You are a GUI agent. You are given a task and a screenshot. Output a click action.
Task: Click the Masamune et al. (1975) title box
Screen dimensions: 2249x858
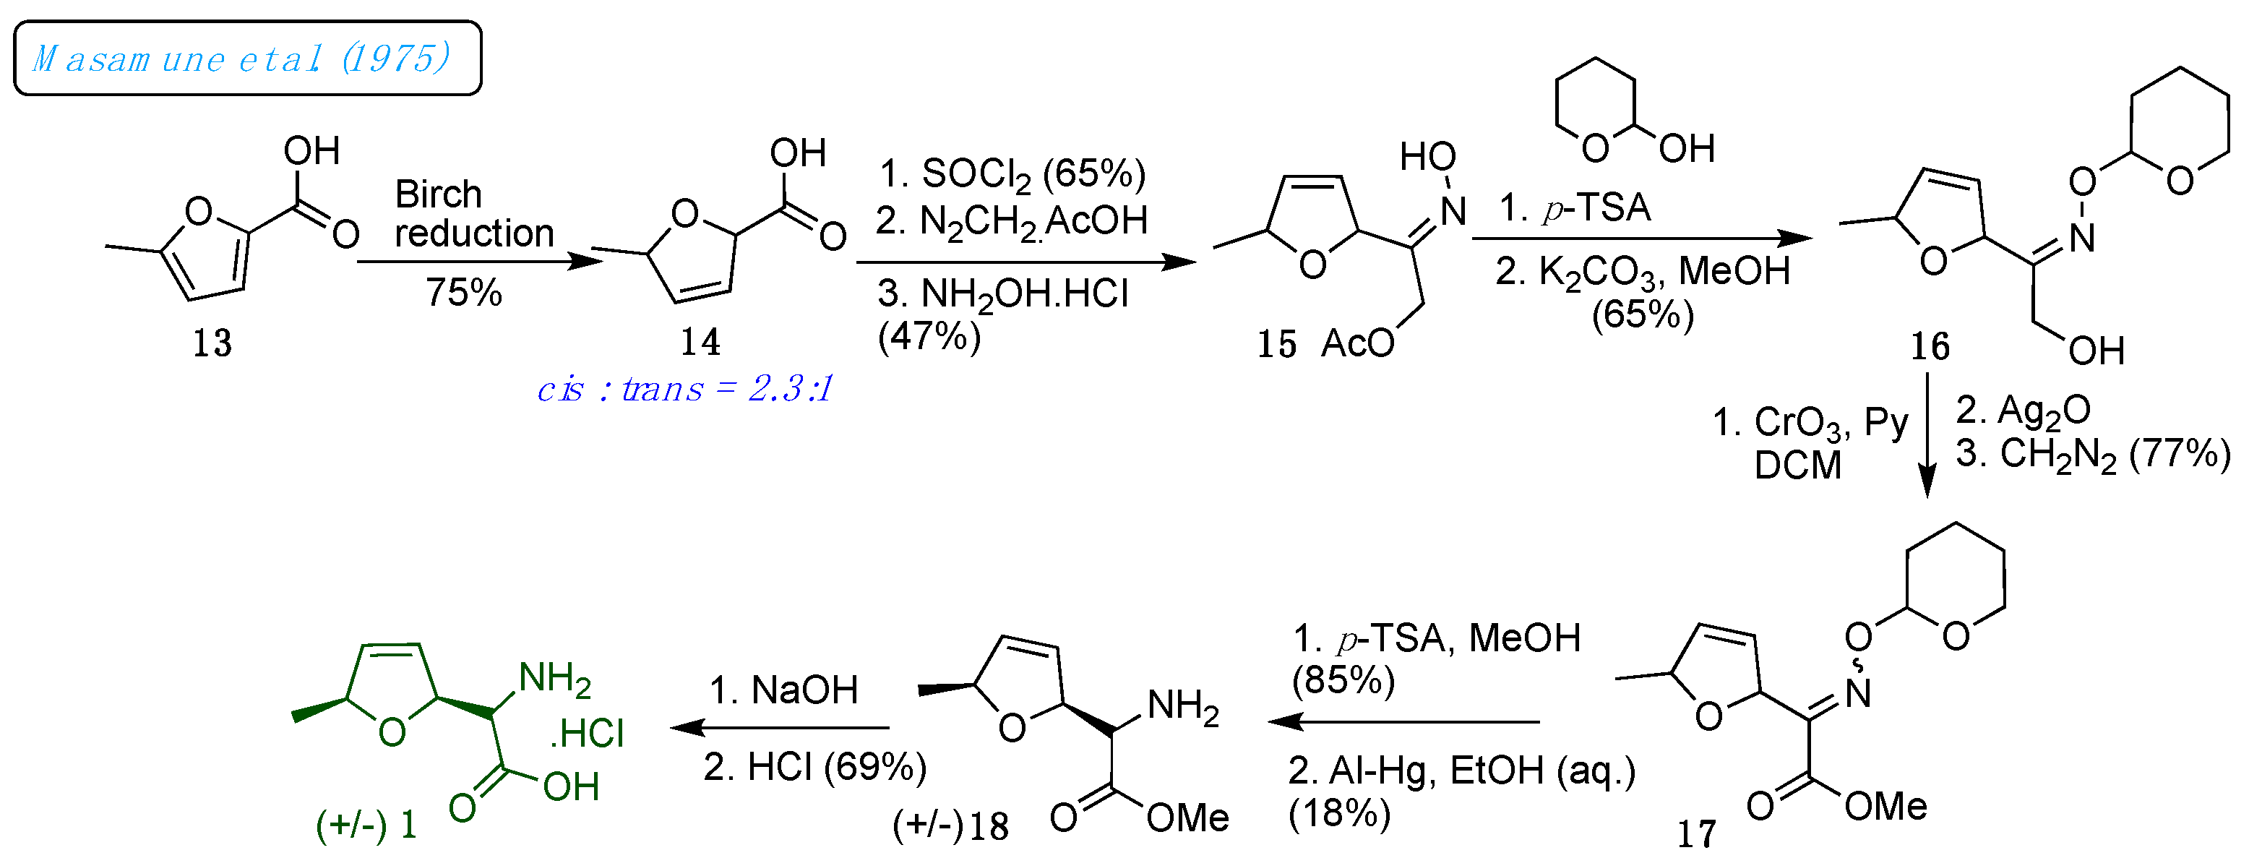pyautogui.click(x=247, y=59)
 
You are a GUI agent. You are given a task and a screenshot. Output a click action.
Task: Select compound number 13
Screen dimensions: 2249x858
pyautogui.click(x=212, y=343)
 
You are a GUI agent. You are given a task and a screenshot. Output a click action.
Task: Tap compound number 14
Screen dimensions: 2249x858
pyautogui.click(x=700, y=341)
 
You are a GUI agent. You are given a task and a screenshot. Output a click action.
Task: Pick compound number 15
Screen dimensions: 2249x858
pyautogui.click(x=1276, y=345)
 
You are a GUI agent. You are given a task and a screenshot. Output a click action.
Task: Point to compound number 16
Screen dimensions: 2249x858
pyautogui.click(x=1930, y=346)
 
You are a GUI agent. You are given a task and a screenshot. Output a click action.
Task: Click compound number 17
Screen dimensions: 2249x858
pyautogui.click(x=1696, y=834)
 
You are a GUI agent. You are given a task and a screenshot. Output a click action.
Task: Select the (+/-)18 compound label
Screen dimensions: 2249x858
pyautogui.click(x=951, y=825)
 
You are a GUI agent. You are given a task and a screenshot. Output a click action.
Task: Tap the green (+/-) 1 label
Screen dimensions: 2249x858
pyautogui.click(x=366, y=824)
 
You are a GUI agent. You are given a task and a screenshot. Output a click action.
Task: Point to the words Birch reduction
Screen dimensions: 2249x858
pyautogui.click(x=473, y=214)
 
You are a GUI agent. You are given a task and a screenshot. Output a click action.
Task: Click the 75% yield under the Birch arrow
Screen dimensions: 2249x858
pyautogui.click(x=463, y=293)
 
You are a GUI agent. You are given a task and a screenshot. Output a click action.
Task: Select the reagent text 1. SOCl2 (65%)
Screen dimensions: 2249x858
pyautogui.click(x=1012, y=173)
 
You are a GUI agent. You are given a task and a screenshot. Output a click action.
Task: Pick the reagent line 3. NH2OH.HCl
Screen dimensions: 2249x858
pyautogui.click(x=1003, y=294)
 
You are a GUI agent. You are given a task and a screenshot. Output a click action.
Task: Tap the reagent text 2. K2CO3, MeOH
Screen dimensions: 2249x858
pyautogui.click(x=1642, y=272)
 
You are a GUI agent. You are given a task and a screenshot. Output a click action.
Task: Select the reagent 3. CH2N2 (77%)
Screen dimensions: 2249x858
pyautogui.click(x=2093, y=454)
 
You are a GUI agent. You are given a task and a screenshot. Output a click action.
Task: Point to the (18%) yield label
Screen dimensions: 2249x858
pyautogui.click(x=1339, y=813)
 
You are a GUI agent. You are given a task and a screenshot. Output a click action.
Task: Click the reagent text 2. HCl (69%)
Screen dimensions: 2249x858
pyautogui.click(x=814, y=767)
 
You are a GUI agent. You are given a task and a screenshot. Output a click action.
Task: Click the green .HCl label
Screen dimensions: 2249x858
pyautogui.click(x=588, y=733)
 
